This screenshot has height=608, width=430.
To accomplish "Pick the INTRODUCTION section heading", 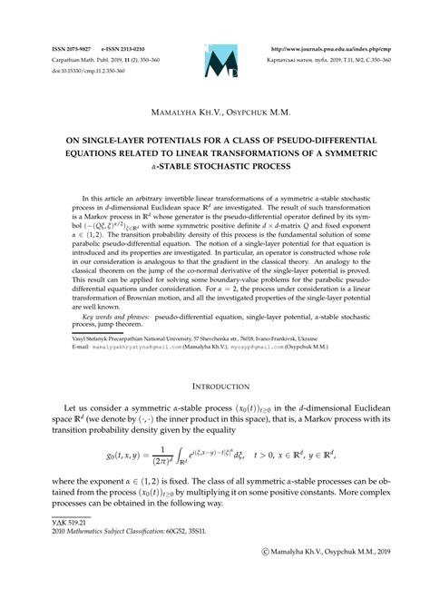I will point(215,385).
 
